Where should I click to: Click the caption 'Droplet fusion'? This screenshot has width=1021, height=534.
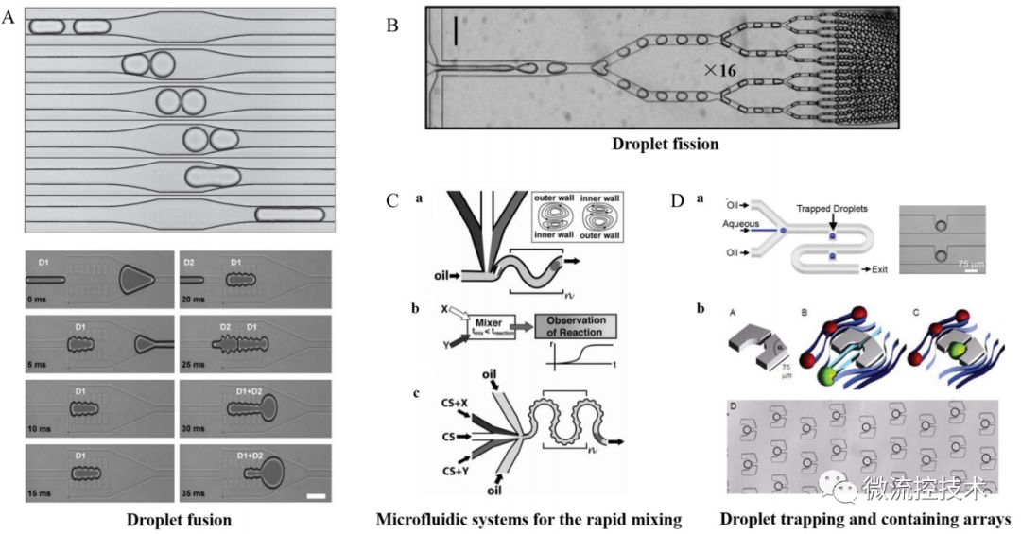pos(180,519)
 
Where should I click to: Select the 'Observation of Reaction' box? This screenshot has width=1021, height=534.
pos(581,327)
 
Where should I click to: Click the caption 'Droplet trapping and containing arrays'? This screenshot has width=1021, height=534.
pos(864,519)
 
